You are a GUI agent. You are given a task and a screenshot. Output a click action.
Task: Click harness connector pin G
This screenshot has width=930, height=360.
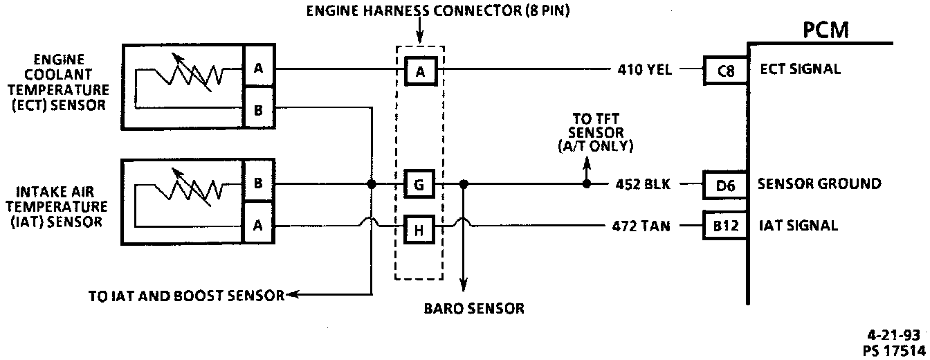[x=419, y=185]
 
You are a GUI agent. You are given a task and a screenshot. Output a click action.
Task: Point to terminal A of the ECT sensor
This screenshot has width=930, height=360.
[x=258, y=69]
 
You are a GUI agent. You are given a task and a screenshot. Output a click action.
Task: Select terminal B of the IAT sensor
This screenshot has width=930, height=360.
[x=258, y=184]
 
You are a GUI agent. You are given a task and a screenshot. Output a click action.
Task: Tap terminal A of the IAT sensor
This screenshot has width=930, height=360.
[x=258, y=224]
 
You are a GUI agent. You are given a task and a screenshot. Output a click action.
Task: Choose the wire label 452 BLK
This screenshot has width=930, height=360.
[x=641, y=185]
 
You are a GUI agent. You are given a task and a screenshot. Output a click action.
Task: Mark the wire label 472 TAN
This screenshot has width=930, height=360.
[x=641, y=226]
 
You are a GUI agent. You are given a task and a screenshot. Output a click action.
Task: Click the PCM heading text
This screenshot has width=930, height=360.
[x=826, y=30]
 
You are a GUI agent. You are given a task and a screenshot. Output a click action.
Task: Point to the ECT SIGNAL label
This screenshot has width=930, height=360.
[x=801, y=69]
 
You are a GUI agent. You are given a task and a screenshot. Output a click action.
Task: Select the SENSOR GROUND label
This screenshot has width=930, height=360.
[x=819, y=184]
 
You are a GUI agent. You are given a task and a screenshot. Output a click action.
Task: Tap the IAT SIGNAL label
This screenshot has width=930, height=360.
[x=799, y=226]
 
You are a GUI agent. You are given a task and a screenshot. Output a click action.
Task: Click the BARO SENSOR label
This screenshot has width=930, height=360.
[x=474, y=309]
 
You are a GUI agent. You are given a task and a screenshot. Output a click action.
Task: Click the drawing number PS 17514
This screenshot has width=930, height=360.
[x=895, y=349]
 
